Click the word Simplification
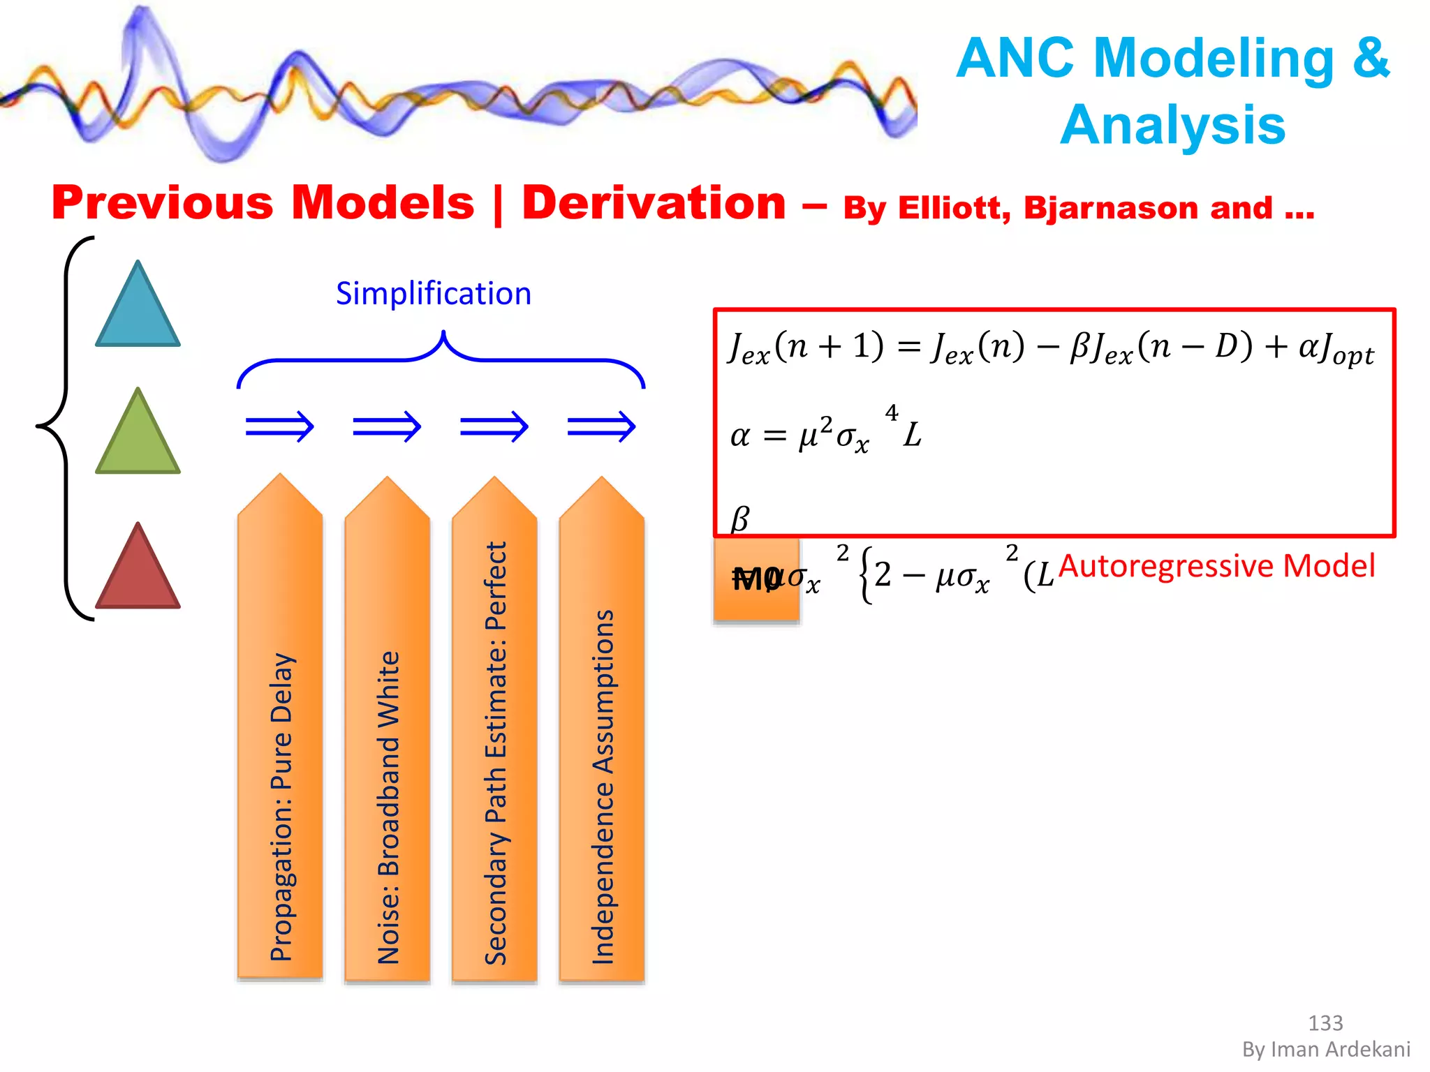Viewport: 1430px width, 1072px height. [434, 294]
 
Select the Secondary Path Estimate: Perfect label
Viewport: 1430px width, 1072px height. [495, 754]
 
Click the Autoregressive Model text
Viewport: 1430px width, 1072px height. [1216, 565]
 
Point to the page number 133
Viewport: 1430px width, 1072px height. [1325, 1023]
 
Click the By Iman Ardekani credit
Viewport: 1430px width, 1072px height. [1326, 1050]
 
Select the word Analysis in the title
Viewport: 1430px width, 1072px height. [1172, 125]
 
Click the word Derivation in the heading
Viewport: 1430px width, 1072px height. [654, 203]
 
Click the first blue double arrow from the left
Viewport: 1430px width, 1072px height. [280, 426]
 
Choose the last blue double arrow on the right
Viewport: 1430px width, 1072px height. [601, 426]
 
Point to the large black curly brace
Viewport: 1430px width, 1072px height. [63, 428]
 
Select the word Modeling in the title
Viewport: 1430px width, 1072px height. [1214, 57]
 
